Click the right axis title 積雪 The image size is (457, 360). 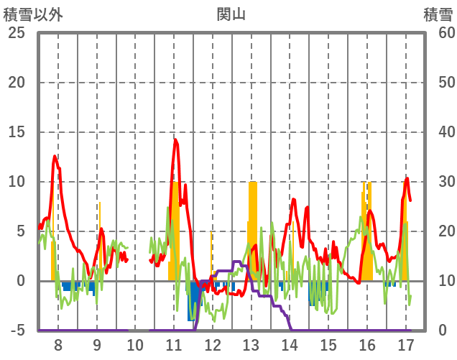[x=438, y=14]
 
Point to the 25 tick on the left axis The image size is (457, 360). [x=16, y=33]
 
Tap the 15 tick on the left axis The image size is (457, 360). [x=16, y=132]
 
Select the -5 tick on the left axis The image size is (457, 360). [x=16, y=331]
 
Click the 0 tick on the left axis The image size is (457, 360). [x=20, y=281]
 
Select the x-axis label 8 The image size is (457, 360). [x=58, y=343]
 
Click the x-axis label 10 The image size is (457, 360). [x=136, y=343]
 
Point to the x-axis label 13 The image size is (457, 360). [x=251, y=343]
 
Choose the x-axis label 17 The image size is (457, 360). [x=405, y=343]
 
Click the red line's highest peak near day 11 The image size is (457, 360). [x=175, y=139]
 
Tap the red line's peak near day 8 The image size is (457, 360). [x=55, y=156]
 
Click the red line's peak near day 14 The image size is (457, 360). [x=293, y=199]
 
